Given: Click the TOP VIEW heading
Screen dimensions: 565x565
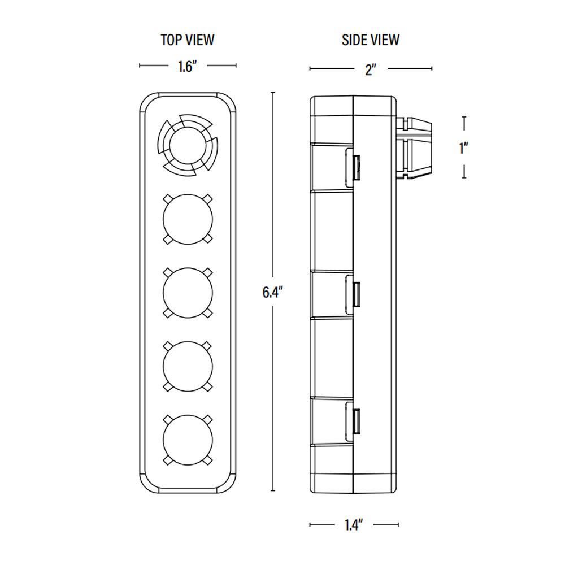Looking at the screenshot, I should [x=188, y=40].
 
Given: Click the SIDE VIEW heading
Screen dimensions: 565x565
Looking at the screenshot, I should [x=370, y=40].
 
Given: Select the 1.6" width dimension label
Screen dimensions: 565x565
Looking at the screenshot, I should [x=187, y=67].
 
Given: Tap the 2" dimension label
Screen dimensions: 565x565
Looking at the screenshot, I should [x=371, y=69].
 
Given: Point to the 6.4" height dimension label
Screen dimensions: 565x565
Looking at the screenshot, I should [x=272, y=293].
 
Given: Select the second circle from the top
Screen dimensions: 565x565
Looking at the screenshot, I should [x=187, y=219].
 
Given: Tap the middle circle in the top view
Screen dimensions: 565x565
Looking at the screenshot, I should [x=187, y=292].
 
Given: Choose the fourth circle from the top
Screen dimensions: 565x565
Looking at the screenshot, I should [x=187, y=366].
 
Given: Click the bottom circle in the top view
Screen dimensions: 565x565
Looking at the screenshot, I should [x=187, y=439].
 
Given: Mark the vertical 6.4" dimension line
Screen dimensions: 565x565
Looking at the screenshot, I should [x=273, y=198].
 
